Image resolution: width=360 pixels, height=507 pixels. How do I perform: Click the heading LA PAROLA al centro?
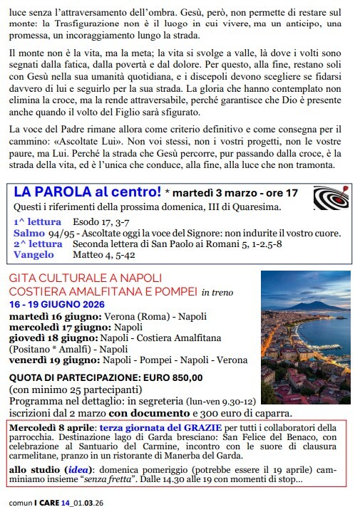pos(88,192)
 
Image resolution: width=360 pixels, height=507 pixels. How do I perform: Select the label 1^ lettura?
pos(35,221)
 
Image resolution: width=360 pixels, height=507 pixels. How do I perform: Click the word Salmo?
pos(29,232)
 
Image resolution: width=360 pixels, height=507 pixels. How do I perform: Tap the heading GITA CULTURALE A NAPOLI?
pos(86,277)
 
